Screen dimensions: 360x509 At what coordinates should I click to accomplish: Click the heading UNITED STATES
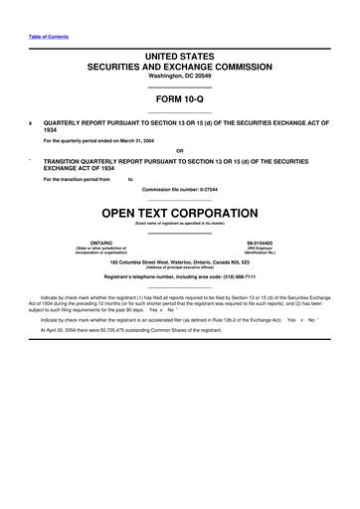click(179, 59)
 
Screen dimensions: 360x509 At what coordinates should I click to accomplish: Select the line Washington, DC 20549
click(179, 78)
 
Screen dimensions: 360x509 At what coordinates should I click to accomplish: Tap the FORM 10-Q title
click(179, 99)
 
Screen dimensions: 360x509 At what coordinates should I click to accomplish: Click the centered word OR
click(179, 151)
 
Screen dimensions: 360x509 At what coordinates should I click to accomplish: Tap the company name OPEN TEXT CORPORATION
click(179, 213)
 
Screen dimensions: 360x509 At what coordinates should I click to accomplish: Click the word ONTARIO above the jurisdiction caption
click(101, 243)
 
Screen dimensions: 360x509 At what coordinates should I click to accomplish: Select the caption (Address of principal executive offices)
click(179, 266)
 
